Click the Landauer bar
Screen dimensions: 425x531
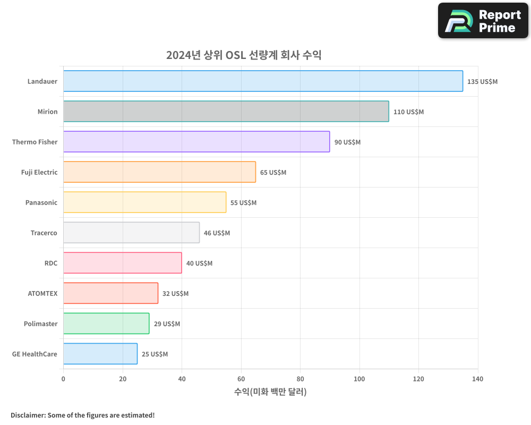263,81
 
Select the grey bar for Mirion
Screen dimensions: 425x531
226,112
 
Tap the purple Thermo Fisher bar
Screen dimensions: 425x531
196,142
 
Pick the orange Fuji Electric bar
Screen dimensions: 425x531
159,172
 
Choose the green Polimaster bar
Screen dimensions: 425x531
106,324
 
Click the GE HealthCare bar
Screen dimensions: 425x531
100,354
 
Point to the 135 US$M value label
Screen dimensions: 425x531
482,82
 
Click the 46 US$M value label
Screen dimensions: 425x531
217,233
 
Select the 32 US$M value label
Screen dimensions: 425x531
175,294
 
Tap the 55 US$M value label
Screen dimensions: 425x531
243,203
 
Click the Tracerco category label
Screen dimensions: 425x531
44,233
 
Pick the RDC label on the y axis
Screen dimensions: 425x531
51,263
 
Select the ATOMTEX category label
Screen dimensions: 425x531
42,294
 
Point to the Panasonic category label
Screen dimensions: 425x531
41,203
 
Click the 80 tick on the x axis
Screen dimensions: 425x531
300,379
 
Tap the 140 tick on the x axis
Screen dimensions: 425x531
477,379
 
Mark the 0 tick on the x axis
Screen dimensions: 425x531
63,379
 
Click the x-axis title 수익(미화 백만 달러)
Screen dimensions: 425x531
270,392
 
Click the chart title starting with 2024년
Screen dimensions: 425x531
244,55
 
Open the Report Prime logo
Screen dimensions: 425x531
483,21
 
